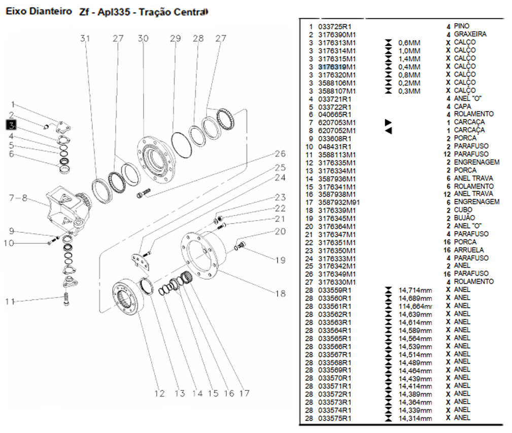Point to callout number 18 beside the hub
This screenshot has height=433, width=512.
(281, 293)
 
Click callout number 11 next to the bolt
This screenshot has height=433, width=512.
(11, 302)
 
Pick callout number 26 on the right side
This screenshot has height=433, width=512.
(280, 154)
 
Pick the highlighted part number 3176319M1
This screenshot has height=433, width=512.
(337, 66)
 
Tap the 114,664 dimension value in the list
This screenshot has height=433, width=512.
(416, 306)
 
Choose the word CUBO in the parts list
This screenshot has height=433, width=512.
(463, 210)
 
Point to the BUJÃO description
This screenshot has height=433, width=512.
(464, 218)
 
